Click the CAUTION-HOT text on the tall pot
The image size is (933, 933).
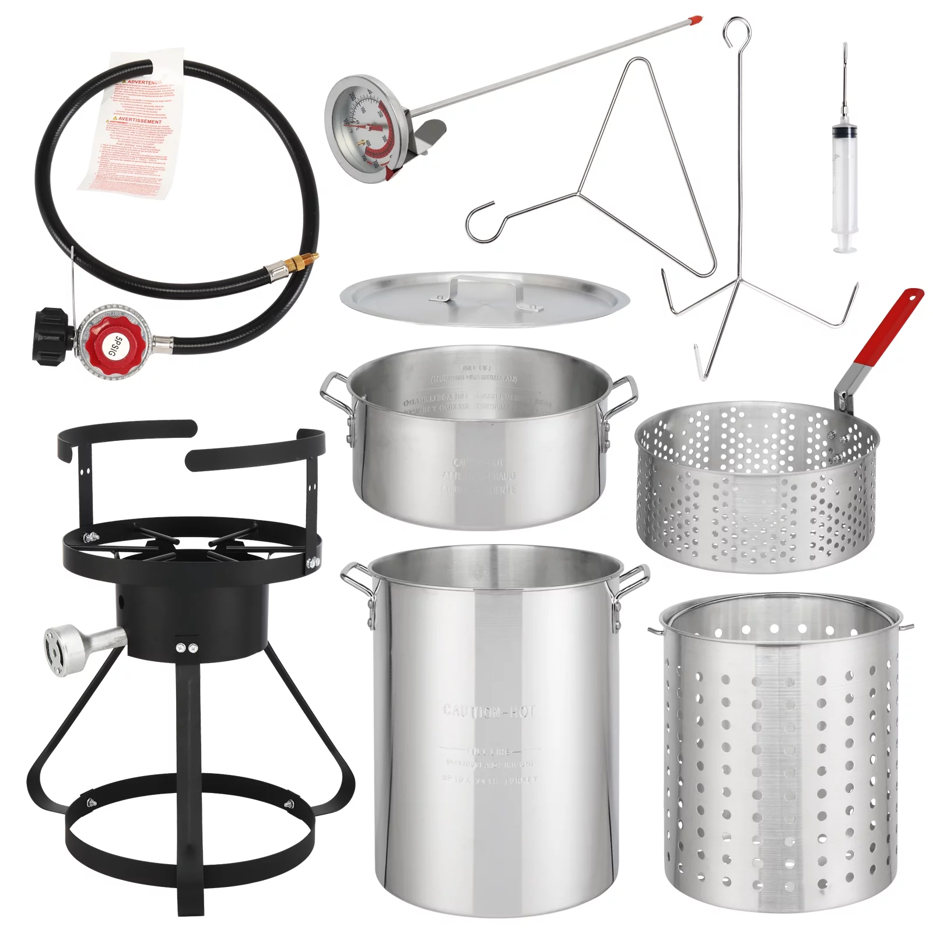coord(488,711)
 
